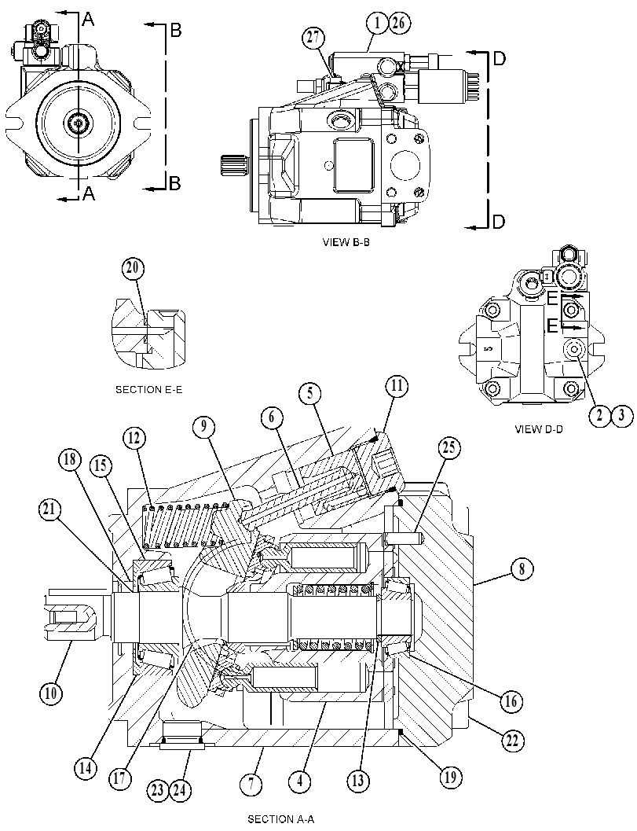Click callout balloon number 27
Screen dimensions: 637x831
point(313,37)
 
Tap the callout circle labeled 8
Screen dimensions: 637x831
point(522,569)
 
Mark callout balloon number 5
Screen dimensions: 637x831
point(309,393)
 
